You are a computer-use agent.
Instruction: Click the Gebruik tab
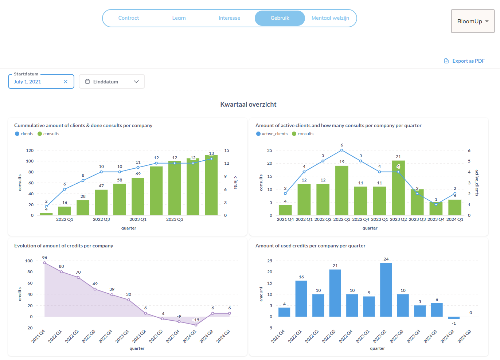pyautogui.click(x=280, y=18)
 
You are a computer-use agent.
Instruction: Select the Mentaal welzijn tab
pyautogui.click(x=330, y=18)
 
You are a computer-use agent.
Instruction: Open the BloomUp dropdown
pyautogui.click(x=473, y=21)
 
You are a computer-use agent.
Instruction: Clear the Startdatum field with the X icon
pyautogui.click(x=66, y=82)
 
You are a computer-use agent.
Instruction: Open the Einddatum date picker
pyautogui.click(x=112, y=82)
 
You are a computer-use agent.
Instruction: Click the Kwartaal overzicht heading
pyautogui.click(x=248, y=105)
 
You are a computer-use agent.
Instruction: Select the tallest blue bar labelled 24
pyautogui.click(x=386, y=289)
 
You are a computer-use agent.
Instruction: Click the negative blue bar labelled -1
pyautogui.click(x=454, y=318)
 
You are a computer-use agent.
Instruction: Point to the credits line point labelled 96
pyautogui.click(x=44, y=263)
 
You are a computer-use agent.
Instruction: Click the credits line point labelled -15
pyautogui.click(x=196, y=325)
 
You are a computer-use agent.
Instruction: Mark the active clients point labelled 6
pyautogui.click(x=342, y=150)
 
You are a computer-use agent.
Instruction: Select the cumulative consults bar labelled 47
pyautogui.click(x=101, y=202)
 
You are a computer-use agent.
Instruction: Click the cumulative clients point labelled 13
pyautogui.click(x=211, y=159)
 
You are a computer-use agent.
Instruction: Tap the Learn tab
pyautogui.click(x=179, y=18)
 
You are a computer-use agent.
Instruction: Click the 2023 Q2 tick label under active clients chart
pyautogui.click(x=398, y=219)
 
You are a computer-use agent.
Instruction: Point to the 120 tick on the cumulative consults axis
pyautogui.click(x=30, y=150)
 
